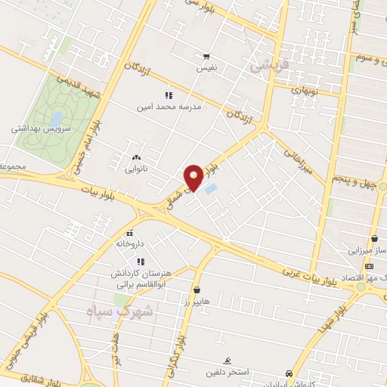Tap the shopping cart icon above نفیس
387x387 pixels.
coord(206,57)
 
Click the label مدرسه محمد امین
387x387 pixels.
coord(170,107)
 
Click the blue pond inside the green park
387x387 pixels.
coord(57,119)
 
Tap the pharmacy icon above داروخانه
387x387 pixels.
coord(132,233)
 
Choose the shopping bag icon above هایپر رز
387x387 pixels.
coord(197,289)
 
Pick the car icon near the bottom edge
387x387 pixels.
coord(289,373)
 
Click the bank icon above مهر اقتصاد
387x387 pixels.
coord(369,266)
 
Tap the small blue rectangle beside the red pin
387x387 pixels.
coord(211,187)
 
